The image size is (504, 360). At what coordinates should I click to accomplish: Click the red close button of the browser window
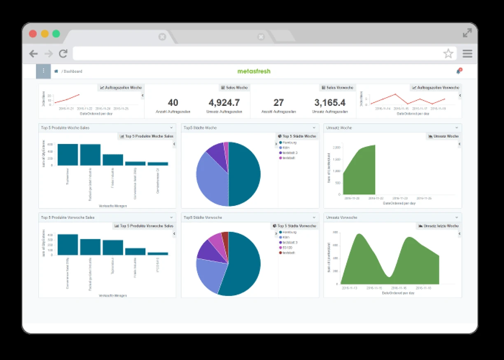(x=33, y=34)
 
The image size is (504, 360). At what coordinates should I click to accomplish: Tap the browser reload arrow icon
(x=63, y=54)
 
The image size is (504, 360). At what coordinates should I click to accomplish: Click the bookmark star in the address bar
(x=448, y=54)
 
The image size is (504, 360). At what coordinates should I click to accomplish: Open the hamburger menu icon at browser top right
(x=467, y=54)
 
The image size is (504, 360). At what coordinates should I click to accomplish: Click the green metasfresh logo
(x=254, y=71)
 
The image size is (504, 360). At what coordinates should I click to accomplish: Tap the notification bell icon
(x=458, y=71)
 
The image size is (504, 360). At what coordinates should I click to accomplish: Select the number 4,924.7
(x=224, y=103)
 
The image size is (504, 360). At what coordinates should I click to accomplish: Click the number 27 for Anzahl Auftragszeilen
(x=279, y=103)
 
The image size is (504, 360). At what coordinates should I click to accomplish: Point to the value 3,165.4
(x=330, y=103)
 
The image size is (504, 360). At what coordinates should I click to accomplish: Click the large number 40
(x=173, y=103)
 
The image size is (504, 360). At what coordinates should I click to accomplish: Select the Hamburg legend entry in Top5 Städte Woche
(x=289, y=143)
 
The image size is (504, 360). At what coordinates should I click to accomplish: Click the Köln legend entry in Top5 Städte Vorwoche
(x=286, y=237)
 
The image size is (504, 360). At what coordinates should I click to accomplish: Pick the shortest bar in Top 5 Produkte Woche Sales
(x=158, y=164)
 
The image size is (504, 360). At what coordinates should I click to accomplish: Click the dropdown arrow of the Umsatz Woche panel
(x=457, y=128)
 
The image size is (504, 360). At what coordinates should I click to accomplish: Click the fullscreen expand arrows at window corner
(x=467, y=33)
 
